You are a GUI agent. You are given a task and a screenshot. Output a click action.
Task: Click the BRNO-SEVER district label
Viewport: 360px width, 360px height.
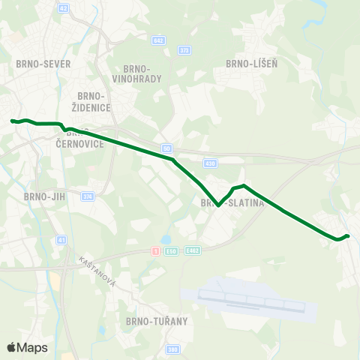(x=43, y=64)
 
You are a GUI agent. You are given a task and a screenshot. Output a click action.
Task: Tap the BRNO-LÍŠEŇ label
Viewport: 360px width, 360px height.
(x=251, y=64)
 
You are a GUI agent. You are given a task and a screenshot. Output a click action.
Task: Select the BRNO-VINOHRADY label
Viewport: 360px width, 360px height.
(x=132, y=73)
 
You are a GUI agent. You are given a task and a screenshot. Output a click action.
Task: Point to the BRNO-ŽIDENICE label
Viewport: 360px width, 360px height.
(x=94, y=101)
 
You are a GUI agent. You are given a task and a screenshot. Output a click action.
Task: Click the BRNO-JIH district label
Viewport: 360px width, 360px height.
(x=45, y=196)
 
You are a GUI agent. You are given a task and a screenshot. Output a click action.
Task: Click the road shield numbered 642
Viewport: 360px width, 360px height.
(x=157, y=40)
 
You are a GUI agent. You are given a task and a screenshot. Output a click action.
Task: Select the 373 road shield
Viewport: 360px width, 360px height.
(x=184, y=50)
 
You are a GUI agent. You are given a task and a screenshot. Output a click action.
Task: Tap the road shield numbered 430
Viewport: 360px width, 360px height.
(x=210, y=163)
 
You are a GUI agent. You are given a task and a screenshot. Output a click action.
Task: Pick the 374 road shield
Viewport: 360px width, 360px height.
(x=88, y=196)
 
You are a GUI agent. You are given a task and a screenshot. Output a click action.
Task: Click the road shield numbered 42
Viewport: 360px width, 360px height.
(x=62, y=7)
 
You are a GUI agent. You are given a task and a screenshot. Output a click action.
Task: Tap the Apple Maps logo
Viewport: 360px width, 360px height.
(x=27, y=347)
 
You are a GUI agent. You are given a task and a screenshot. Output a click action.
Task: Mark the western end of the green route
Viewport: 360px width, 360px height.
(x=12, y=121)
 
